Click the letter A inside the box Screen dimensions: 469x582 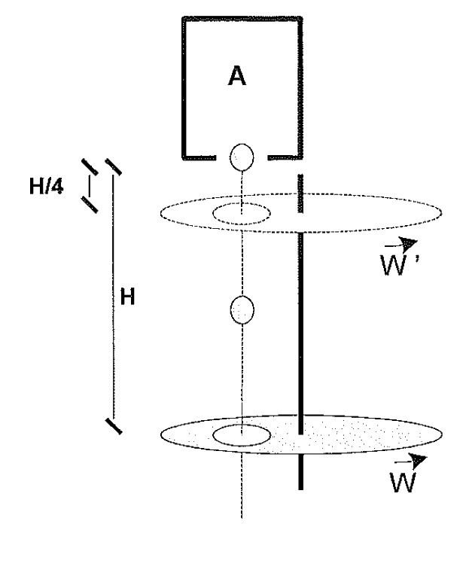click(236, 76)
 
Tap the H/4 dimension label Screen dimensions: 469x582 click(46, 185)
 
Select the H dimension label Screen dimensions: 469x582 click(127, 297)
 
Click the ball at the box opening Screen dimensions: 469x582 click(242, 157)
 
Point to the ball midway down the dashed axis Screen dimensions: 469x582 click(242, 310)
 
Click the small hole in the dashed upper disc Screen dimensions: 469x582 click(242, 213)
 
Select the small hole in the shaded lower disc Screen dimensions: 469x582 click(242, 435)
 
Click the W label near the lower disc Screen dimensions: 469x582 click(403, 482)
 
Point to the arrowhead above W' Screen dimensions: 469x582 click(410, 243)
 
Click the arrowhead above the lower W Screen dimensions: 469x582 click(419, 461)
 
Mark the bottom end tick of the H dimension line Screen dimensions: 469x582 click(114, 426)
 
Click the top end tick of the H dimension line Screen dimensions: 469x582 click(113, 166)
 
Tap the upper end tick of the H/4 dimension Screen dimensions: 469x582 click(90, 166)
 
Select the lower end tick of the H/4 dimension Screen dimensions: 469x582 click(90, 205)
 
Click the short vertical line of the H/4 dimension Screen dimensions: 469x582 click(90, 185)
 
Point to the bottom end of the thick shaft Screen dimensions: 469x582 click(300, 489)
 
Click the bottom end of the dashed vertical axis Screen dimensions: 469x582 click(242, 517)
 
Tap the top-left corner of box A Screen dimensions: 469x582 click(184, 18)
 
